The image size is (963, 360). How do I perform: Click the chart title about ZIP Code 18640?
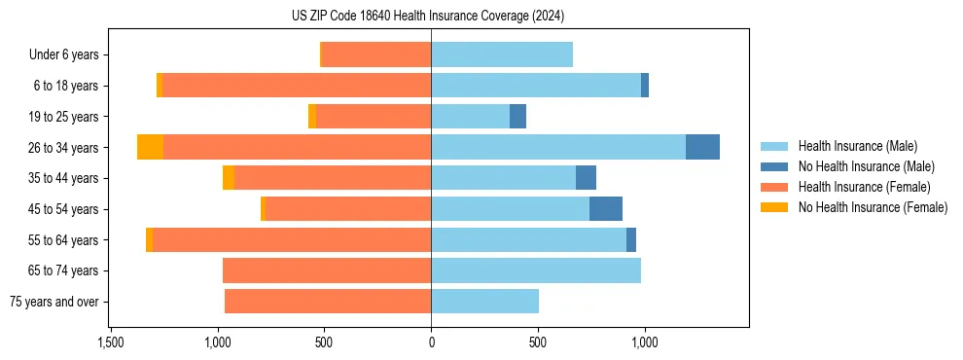428,17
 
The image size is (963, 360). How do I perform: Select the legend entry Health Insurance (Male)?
857,146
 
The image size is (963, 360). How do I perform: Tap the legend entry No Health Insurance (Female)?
873,207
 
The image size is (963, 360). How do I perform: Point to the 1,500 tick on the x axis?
111,342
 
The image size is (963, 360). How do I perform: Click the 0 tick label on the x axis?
431,342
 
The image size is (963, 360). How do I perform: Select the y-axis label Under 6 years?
64,55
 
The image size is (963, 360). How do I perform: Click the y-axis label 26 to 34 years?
65,148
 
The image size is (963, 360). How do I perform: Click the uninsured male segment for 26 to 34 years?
702,147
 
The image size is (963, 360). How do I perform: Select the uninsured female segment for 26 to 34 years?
150,147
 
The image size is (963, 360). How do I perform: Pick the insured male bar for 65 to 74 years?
535,270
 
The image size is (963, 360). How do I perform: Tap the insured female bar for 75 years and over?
328,302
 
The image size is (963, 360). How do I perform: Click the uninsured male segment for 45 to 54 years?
605,209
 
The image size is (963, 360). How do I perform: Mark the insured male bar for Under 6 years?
501,54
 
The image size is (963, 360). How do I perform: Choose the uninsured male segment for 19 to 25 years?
517,117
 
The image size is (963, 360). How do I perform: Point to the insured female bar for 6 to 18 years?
297,86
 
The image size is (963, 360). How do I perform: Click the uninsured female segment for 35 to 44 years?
229,178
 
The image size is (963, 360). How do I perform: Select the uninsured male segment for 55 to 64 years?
631,239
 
